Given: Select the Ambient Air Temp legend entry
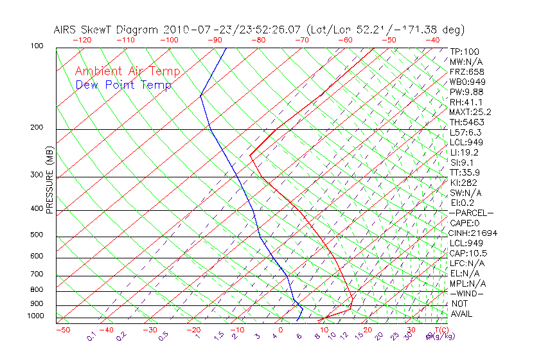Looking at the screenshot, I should point(127,71).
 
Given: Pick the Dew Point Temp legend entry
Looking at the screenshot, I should point(123,85).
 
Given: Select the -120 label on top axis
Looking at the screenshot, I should point(82,40).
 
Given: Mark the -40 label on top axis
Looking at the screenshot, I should point(432,40).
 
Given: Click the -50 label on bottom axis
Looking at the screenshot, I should point(62,330).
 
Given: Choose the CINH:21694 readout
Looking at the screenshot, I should point(473,233).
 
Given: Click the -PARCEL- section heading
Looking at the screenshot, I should point(471,213).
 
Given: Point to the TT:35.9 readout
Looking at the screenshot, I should point(465,173).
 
